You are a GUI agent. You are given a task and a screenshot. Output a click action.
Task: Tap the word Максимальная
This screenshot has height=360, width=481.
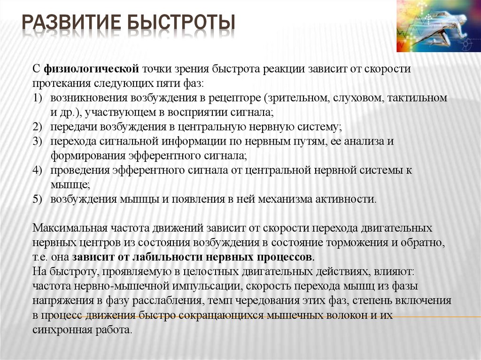[70, 229]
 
